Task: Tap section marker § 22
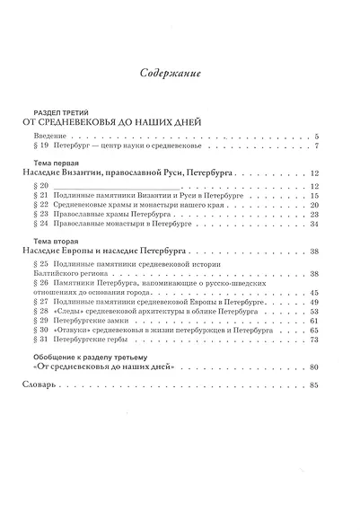coord(43,206)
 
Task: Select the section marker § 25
coord(43,266)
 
